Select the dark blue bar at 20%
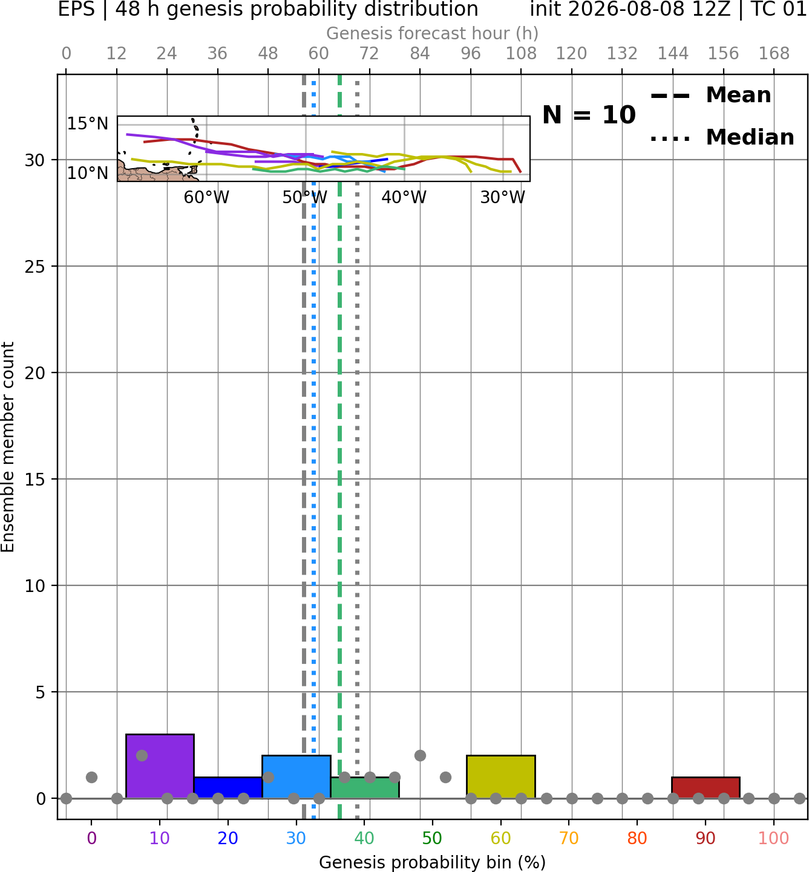(228, 787)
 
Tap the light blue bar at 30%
(296, 776)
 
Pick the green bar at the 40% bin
(365, 787)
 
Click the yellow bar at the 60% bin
(501, 776)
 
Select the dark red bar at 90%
(706, 787)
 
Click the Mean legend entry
(711, 95)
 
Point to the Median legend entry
(722, 137)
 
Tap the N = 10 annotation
(589, 115)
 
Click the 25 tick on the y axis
(35, 266)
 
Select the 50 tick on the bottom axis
(433, 838)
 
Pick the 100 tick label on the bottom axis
(774, 838)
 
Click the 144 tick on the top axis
(673, 54)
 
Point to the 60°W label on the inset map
(206, 198)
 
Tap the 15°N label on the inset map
(88, 124)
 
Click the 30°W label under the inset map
(503, 198)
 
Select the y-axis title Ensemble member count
(7, 447)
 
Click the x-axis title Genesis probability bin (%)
(433, 862)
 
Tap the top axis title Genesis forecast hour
(433, 33)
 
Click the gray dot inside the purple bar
(142, 756)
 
